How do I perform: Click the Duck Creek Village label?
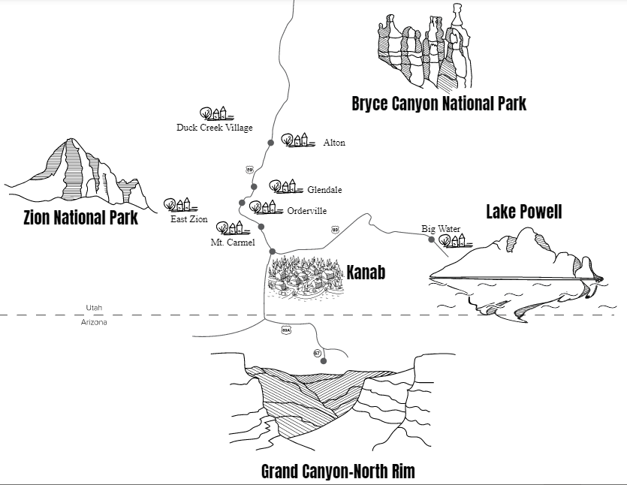[x=215, y=128]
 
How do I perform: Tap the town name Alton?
[x=334, y=143]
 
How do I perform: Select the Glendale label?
[x=324, y=189]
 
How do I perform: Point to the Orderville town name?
[x=306, y=211]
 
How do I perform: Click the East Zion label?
[x=189, y=219]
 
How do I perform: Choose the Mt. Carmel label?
[x=233, y=242]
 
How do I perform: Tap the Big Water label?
[x=441, y=229]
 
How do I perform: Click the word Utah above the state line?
[x=94, y=308]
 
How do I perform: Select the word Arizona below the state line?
[x=94, y=322]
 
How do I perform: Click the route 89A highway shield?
[x=285, y=330]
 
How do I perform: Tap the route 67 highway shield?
[x=317, y=354]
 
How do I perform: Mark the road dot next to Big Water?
[x=432, y=239]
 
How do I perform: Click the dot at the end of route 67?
[x=324, y=361]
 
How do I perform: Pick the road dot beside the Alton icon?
[x=271, y=143]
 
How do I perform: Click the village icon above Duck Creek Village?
[x=216, y=113]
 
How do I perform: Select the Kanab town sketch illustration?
[x=306, y=278]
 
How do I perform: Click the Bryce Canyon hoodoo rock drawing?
[x=425, y=46]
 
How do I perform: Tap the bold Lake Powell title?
[x=524, y=212]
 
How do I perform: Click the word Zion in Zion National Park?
[x=37, y=218]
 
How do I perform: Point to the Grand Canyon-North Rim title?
[x=338, y=471]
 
